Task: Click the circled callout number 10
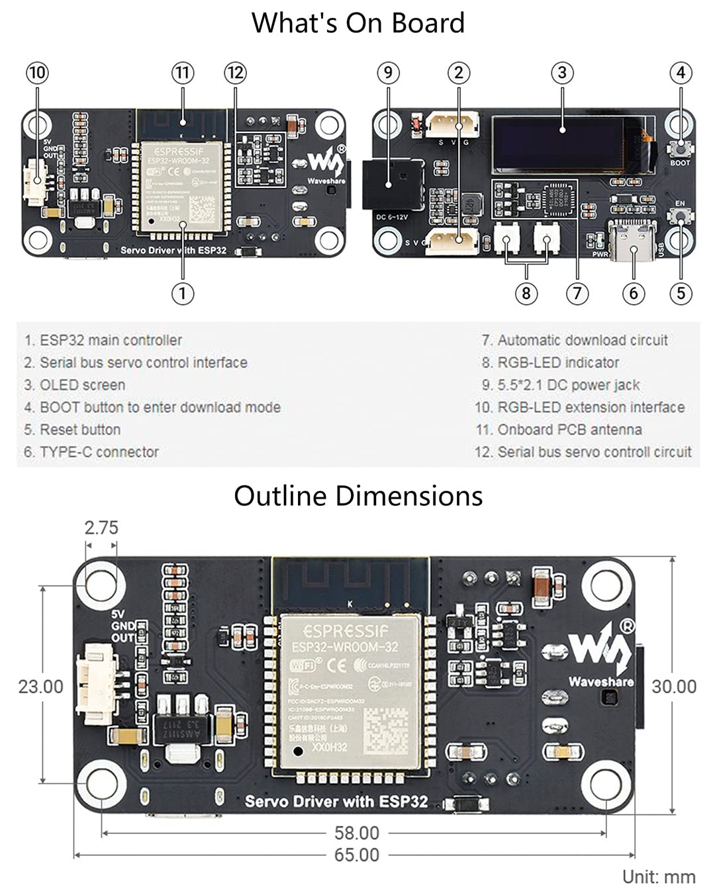37,73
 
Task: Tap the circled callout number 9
389,73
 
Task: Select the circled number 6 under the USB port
633,293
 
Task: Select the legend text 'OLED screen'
82,385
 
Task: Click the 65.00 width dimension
356,855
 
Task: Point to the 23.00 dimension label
40,687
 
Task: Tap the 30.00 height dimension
674,687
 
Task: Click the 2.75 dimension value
101,528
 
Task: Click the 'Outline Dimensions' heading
358,496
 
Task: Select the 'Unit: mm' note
658,877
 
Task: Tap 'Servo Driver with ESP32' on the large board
336,802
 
